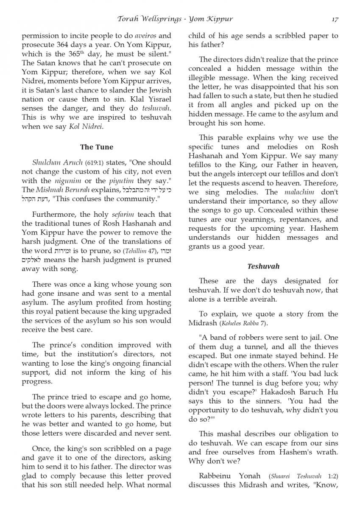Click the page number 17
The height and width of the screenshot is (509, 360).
click(x=335, y=19)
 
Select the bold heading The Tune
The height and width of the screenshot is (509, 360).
click(x=97, y=147)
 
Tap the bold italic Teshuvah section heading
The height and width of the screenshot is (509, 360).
click(x=263, y=266)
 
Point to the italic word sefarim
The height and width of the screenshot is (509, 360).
click(x=115, y=215)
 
